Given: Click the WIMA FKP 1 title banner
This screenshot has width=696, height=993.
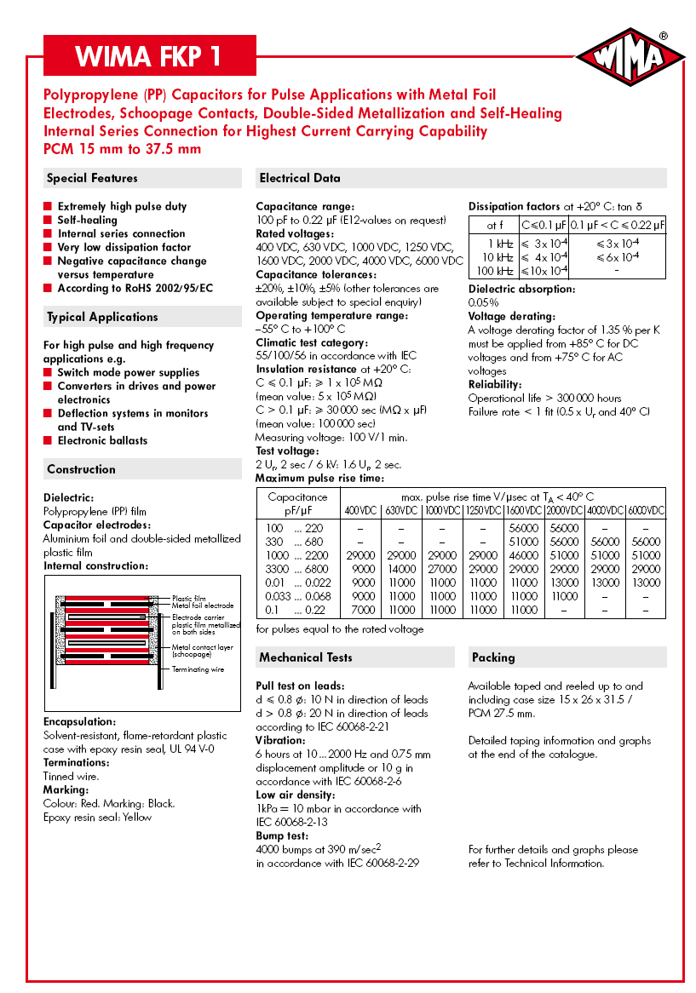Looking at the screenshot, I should click(149, 56).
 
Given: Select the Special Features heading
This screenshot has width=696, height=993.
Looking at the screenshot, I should click(92, 178).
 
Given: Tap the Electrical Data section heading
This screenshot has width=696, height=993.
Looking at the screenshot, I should click(300, 178).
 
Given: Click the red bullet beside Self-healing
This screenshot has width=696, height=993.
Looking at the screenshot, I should click(49, 220).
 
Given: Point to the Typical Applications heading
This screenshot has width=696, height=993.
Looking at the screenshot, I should click(102, 317).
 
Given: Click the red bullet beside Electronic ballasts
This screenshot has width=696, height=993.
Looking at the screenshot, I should click(49, 440).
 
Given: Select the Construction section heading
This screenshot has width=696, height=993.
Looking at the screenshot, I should click(81, 469).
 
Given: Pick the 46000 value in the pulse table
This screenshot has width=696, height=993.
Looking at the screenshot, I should click(524, 555).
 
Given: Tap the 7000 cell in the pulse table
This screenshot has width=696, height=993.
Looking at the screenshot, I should click(363, 610).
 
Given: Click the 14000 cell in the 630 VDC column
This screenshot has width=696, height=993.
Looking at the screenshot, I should click(401, 569).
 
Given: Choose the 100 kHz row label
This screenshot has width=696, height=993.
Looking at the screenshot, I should click(494, 271).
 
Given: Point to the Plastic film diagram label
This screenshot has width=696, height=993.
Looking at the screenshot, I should click(188, 599).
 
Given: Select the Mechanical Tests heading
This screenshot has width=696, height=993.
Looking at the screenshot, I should click(306, 657).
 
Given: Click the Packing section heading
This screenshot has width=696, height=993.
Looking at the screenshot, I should click(493, 657).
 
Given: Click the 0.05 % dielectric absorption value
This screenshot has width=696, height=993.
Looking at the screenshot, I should click(484, 302).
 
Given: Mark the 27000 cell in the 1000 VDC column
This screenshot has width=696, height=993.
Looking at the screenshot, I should click(442, 569).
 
